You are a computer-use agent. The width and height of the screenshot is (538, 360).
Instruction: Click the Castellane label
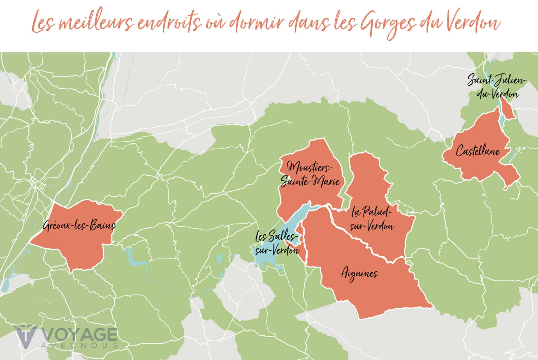click(478, 152)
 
